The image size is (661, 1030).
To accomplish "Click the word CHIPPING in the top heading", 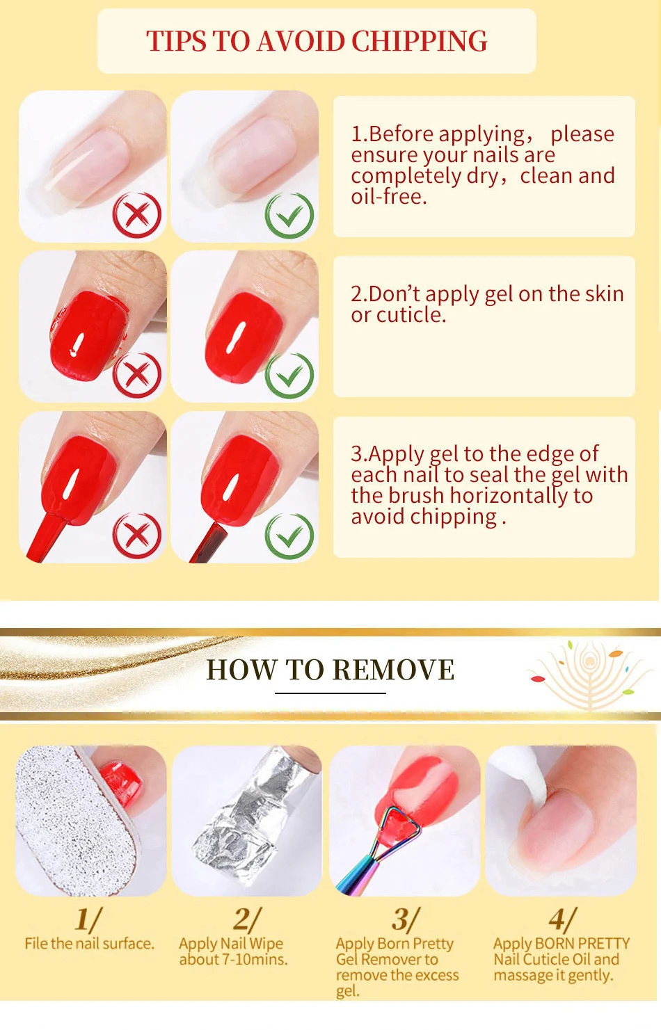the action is point(419,42).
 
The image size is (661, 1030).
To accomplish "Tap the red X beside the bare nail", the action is point(137,215).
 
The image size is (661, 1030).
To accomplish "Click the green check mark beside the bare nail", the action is point(289,215).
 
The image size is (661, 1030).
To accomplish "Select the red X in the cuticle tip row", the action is point(137,374).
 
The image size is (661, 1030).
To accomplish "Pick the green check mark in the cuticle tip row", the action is point(289,375).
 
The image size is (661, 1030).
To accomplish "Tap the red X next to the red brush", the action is point(137,536).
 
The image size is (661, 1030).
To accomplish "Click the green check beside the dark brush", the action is point(289,536).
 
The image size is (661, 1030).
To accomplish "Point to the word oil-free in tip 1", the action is point(389,197).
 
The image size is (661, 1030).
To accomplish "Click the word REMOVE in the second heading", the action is point(393,670).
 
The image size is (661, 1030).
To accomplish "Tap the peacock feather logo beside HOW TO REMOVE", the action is point(590,674).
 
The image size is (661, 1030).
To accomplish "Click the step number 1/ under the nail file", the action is point(88,919).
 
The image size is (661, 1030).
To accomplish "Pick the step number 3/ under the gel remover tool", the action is point(406,919).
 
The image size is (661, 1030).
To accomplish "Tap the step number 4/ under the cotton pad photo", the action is point(563,919).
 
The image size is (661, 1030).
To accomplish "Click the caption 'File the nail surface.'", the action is point(89,944).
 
